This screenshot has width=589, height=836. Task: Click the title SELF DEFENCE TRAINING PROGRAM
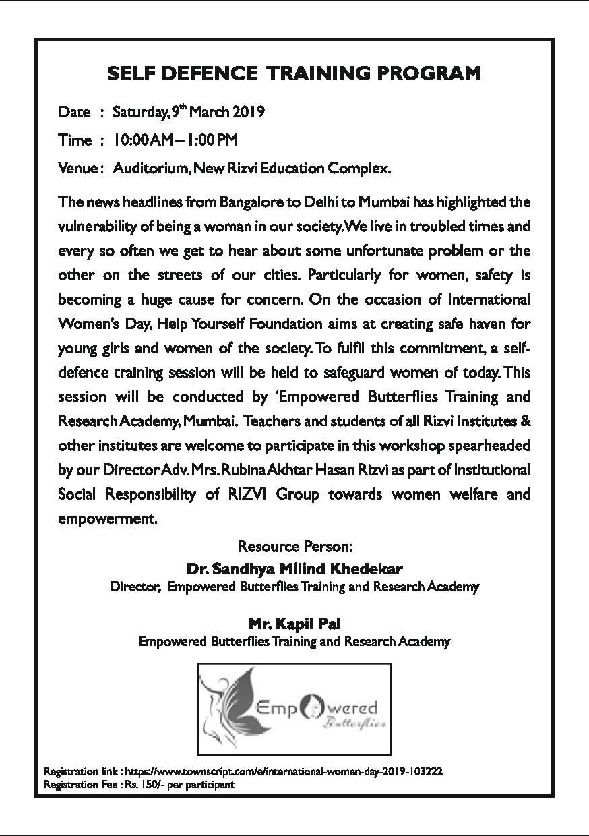click(x=294, y=73)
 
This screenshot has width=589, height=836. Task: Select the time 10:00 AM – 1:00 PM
click(x=175, y=140)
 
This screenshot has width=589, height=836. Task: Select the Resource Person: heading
click(x=295, y=545)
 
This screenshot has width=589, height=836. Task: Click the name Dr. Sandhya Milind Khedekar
click(x=294, y=570)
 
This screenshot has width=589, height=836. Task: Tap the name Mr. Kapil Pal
click(x=294, y=624)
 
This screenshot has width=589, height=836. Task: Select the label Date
click(x=74, y=112)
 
